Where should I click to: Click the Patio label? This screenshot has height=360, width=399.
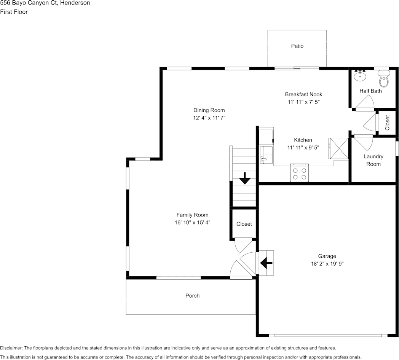(297, 46)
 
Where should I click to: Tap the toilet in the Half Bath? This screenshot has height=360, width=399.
(384, 80)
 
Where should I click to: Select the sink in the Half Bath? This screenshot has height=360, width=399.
(359, 76)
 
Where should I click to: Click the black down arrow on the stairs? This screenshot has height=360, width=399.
(244, 178)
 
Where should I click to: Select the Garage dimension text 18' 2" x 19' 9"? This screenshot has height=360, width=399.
(327, 263)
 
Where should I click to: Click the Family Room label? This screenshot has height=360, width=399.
(192, 215)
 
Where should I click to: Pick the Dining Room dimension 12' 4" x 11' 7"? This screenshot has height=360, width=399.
(209, 118)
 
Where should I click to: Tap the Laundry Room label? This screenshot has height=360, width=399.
(373, 160)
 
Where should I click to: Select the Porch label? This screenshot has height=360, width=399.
(192, 296)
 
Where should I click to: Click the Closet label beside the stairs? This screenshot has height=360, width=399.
(244, 224)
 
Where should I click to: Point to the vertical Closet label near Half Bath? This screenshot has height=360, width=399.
(387, 123)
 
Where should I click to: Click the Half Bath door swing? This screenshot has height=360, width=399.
(365, 102)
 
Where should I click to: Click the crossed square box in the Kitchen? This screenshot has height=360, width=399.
(338, 148)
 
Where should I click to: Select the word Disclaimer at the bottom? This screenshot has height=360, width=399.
(11, 348)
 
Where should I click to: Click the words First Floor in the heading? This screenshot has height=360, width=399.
(14, 12)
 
